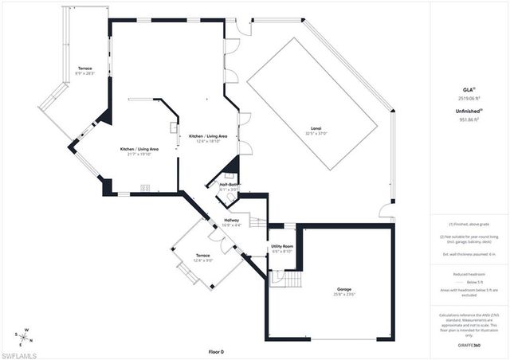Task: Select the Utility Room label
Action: click(283, 247)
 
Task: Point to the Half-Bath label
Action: click(229, 184)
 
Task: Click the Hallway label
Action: click(232, 221)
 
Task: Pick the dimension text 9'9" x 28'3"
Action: click(85, 74)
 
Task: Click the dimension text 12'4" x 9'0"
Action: click(202, 260)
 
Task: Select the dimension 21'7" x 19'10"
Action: click(139, 155)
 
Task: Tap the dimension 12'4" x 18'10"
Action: click(208, 141)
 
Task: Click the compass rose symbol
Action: click(24, 335)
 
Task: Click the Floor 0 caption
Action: click(217, 351)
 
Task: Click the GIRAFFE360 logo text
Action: click(469, 346)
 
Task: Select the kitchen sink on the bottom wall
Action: click(146, 188)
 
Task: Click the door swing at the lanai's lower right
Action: click(386, 213)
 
